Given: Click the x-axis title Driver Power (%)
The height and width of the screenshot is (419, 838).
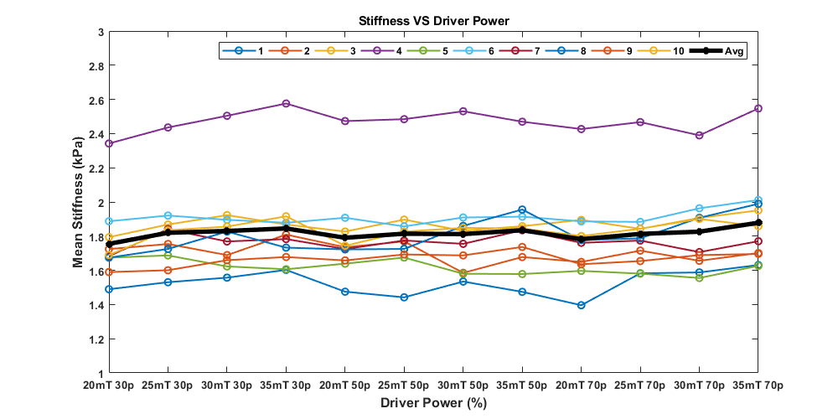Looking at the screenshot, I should (x=432, y=402).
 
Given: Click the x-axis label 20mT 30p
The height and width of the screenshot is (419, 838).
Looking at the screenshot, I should (x=109, y=385).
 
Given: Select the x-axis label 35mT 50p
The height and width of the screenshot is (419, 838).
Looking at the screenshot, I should (x=522, y=385).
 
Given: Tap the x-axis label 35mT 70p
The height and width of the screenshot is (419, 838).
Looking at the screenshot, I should (x=758, y=385).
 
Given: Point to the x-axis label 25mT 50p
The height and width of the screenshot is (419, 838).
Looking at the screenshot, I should (x=404, y=385).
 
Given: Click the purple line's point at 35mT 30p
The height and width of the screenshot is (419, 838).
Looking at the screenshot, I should (x=286, y=104).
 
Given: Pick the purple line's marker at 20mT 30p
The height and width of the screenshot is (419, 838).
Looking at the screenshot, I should (x=109, y=143).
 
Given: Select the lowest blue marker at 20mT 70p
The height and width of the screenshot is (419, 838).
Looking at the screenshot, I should (x=581, y=305).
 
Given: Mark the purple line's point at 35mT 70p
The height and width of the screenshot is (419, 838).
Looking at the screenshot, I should (x=758, y=109).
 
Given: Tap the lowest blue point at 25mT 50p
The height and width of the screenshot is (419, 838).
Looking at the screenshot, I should (x=404, y=297).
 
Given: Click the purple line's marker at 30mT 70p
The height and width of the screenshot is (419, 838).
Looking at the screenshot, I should (x=699, y=135).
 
